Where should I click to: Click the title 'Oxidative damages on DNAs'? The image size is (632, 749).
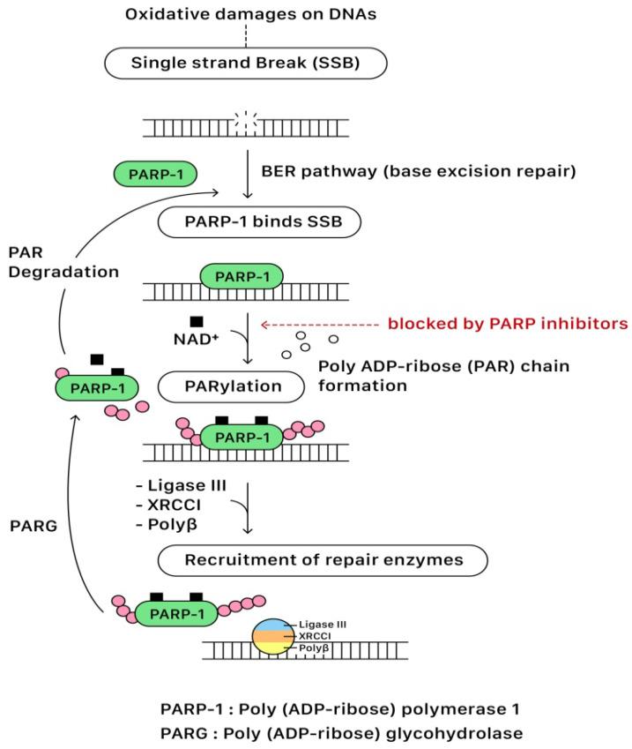tap(247, 14)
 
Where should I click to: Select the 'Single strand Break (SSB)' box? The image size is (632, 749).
tap(247, 63)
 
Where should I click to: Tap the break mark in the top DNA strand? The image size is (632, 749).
tap(248, 126)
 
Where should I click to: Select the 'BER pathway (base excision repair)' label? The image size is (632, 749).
tap(419, 171)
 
